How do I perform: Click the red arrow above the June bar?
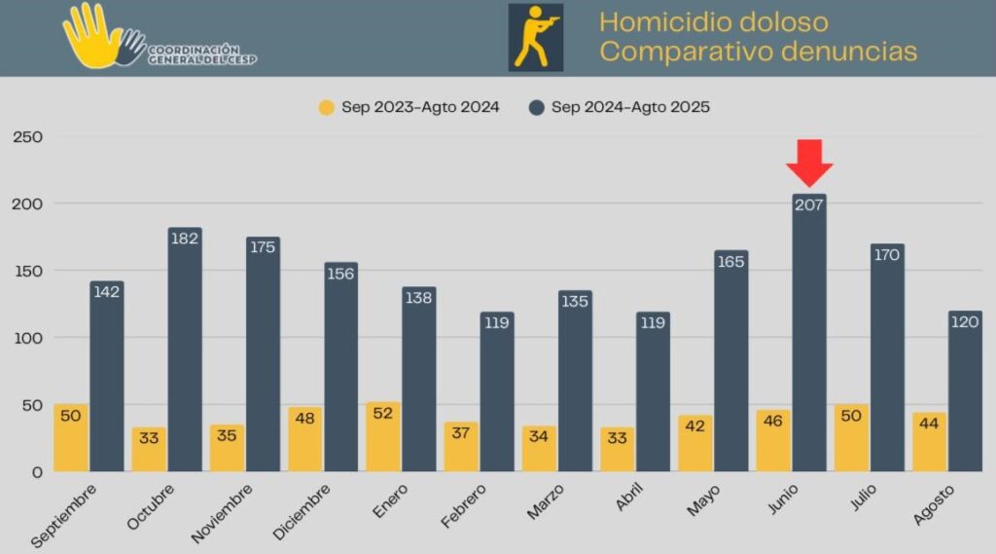(809, 162)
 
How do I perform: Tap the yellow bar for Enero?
(383, 438)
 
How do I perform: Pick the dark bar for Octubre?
(185, 351)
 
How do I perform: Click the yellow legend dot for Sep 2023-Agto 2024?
(327, 107)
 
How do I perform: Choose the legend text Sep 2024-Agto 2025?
(630, 107)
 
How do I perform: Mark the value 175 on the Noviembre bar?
(263, 247)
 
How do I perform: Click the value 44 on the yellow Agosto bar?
(930, 425)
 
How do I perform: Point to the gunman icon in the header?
(535, 37)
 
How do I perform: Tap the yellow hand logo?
(92, 37)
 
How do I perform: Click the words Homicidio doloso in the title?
(713, 21)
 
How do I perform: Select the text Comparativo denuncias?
(758, 52)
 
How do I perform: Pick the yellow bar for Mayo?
(695, 444)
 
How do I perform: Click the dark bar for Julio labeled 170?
(887, 360)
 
